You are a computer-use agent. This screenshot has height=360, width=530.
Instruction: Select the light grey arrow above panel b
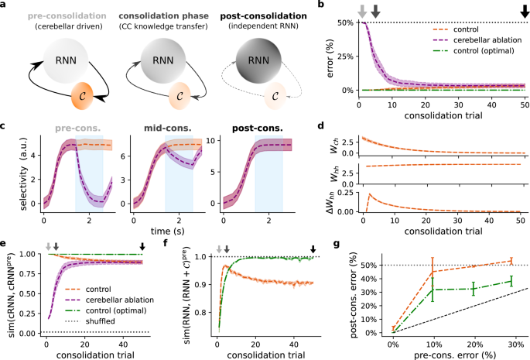click(x=362, y=10)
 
